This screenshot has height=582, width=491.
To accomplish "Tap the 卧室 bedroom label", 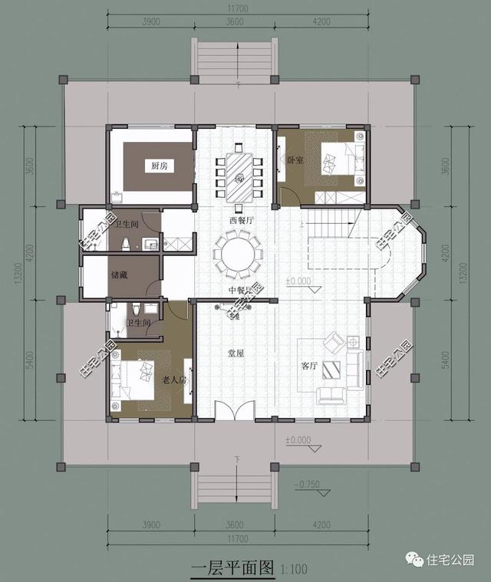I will click(295, 160).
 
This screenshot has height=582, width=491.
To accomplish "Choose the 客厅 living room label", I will click(308, 366).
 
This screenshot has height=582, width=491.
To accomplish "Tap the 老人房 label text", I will click(172, 380).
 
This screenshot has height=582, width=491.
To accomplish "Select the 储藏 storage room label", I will click(120, 274).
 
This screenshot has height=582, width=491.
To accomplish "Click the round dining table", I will click(238, 252).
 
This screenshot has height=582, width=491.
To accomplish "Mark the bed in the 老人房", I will click(137, 379).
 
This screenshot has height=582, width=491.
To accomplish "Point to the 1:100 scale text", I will click(295, 569).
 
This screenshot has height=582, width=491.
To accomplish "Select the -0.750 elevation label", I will click(308, 484).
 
